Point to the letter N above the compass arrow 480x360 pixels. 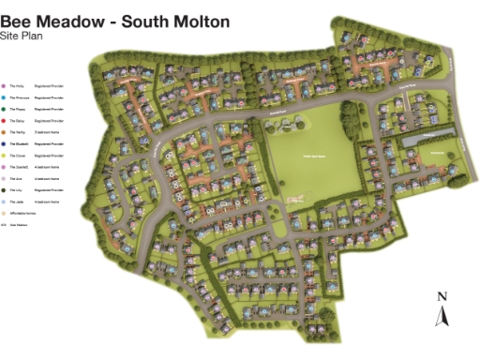[x=442, y=298]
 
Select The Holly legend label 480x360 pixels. [x=17, y=85]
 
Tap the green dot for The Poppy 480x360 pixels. [x=4, y=109]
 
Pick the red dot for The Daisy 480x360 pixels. [x=4, y=120]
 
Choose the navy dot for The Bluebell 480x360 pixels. [x=4, y=143]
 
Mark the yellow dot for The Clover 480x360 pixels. [x=4, y=155]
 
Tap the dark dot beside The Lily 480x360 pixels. [x=4, y=189]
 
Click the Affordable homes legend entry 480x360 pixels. [x=22, y=213]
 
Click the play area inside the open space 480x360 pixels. [x=296, y=197]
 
